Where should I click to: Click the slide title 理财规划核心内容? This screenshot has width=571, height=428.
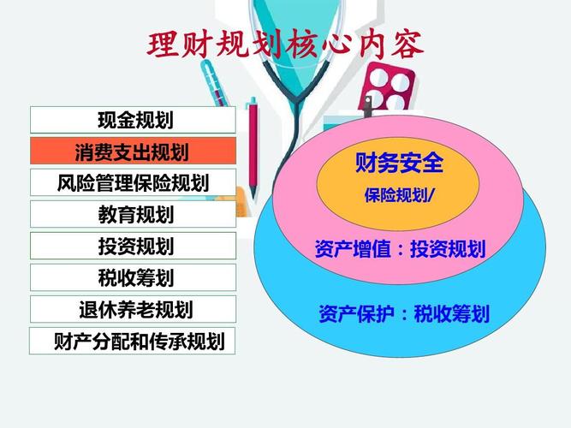[x=286, y=45]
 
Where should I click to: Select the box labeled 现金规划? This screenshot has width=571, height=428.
[x=133, y=120]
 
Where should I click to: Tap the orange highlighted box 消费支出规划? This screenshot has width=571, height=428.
[x=133, y=151]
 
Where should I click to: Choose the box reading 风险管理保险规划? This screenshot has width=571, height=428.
[x=133, y=182]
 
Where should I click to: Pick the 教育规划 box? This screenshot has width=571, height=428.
[x=133, y=214]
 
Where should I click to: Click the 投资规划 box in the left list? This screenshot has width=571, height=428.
[x=133, y=246]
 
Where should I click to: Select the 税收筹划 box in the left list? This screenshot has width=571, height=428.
[x=133, y=277]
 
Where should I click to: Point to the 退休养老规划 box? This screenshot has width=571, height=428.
[x=133, y=309]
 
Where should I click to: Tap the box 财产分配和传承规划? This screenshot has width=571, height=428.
[x=132, y=341]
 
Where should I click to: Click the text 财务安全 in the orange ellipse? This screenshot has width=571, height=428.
[x=399, y=163]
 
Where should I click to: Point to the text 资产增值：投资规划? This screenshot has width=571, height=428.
[x=400, y=249]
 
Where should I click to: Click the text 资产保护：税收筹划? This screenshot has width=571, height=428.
[x=404, y=313]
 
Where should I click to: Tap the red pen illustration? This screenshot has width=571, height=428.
[x=253, y=148]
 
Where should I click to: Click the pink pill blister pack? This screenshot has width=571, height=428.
[x=387, y=87]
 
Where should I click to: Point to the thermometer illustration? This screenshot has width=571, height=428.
[x=215, y=83]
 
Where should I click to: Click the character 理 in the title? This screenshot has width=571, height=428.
[x=163, y=45]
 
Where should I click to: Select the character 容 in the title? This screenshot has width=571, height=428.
[x=407, y=45]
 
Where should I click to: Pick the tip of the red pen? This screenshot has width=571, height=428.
[x=253, y=199]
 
